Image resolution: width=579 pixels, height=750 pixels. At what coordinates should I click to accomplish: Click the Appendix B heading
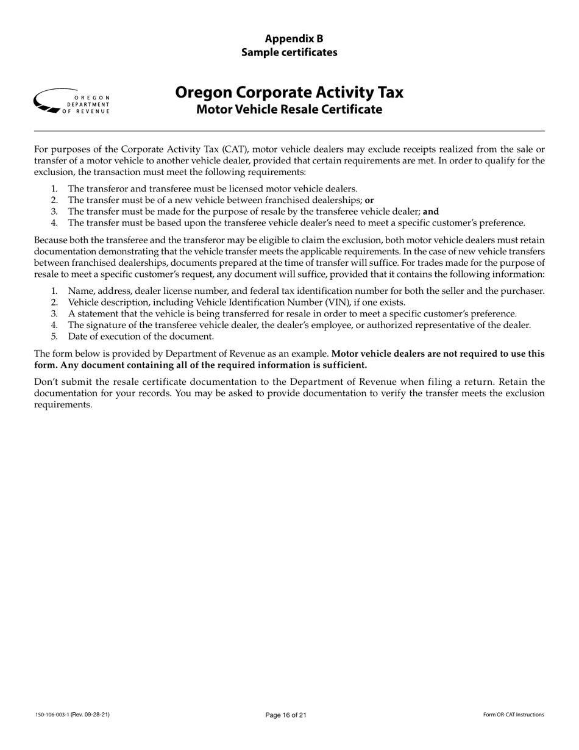tap(289, 38)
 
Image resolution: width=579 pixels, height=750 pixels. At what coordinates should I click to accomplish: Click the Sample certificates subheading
tap(289, 52)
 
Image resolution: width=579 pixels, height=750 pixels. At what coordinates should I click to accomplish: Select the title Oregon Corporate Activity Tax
tap(289, 92)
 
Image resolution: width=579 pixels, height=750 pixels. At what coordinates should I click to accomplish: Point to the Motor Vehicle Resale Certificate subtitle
tap(289, 110)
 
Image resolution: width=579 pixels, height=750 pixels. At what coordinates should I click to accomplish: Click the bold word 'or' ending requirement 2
tap(369, 200)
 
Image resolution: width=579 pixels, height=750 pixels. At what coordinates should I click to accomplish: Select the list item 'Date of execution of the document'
tap(141, 337)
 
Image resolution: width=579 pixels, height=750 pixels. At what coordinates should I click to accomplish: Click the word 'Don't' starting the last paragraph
tap(46, 382)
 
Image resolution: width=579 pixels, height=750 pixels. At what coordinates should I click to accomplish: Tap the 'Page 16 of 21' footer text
tap(286, 715)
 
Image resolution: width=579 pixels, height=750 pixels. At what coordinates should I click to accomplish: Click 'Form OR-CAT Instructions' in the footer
tap(513, 715)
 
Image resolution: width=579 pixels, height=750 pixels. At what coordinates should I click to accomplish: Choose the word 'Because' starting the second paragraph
tap(51, 240)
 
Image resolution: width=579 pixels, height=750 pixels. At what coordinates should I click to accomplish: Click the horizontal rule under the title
tap(289, 130)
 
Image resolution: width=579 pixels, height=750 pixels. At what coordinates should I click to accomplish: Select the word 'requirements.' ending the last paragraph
tap(63, 405)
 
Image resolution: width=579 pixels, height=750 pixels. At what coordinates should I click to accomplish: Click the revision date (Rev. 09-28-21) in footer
tap(94, 715)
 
